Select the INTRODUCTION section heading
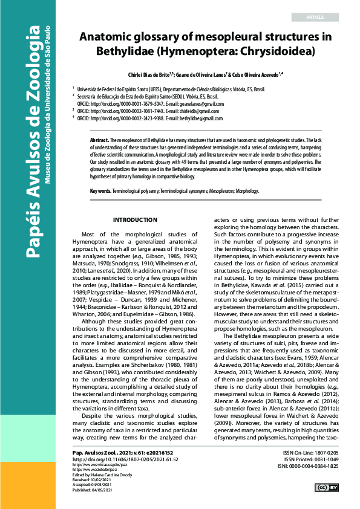point(135,219)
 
